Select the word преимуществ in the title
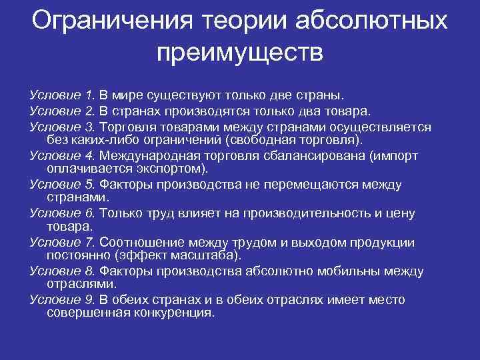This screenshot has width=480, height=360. (240, 52)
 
